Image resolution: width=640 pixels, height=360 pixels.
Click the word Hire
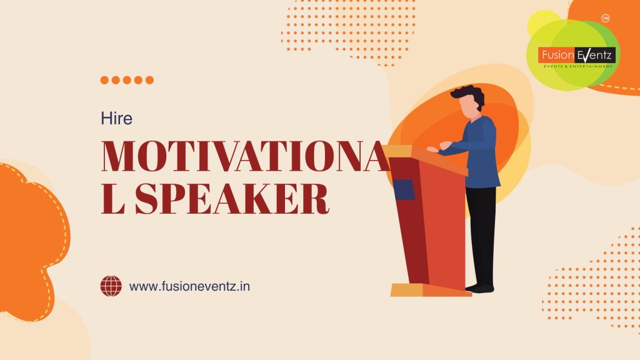click(x=117, y=118)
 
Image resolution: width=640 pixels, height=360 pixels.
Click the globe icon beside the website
click(x=111, y=286)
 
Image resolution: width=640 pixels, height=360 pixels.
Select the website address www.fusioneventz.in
click(x=189, y=287)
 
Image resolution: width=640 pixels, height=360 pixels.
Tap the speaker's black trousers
click(x=481, y=231)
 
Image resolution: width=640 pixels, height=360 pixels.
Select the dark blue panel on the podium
click(x=403, y=189)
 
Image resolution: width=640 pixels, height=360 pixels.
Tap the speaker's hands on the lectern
click(x=437, y=147)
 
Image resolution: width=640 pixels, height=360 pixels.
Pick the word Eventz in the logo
click(x=596, y=56)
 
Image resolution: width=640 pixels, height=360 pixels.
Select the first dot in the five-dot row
click(x=105, y=80)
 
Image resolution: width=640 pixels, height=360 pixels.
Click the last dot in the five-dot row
click(x=149, y=80)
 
